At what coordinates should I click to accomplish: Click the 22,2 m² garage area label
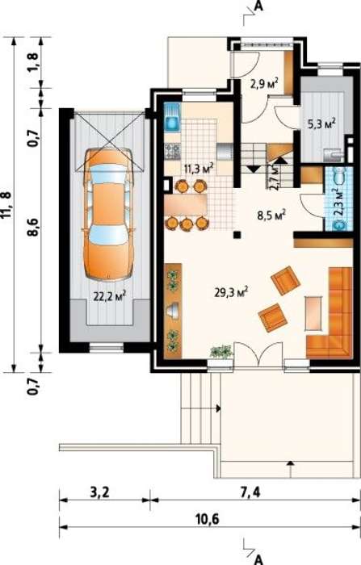click(x=110, y=296)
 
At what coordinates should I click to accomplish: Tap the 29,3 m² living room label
click(x=231, y=292)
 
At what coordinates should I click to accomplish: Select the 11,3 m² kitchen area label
click(x=199, y=168)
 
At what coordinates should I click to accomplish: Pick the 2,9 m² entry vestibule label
click(x=264, y=83)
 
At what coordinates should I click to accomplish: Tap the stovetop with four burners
click(x=172, y=152)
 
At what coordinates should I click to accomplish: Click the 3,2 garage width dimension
click(x=99, y=492)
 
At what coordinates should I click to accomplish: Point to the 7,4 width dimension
click(x=250, y=492)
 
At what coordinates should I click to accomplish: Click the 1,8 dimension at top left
click(x=33, y=62)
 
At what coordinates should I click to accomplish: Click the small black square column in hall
click(x=237, y=235)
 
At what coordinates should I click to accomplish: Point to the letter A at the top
click(x=258, y=6)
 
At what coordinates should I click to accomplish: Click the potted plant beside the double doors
click(x=220, y=353)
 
